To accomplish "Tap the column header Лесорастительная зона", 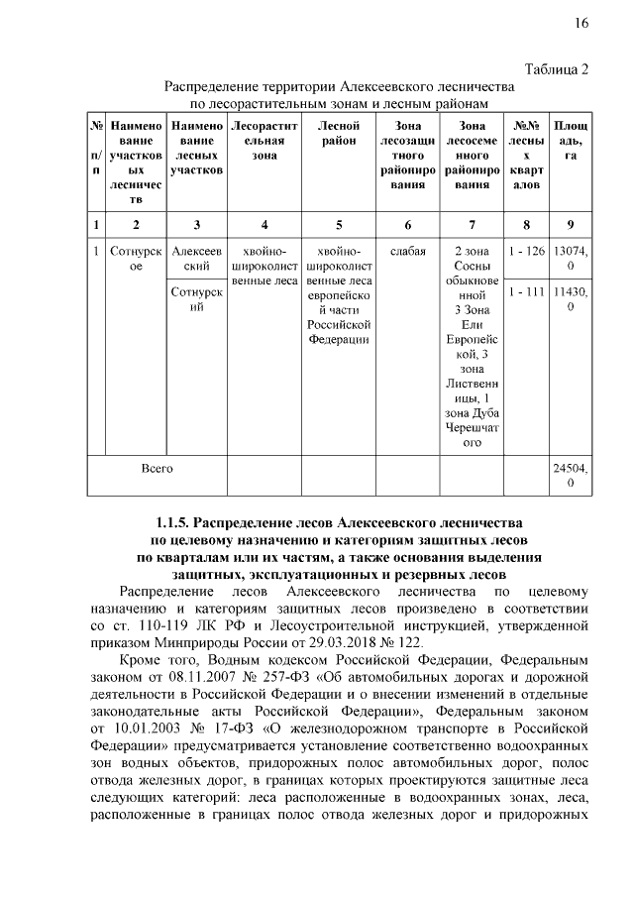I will tap(264, 142).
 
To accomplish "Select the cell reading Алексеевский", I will tap(197, 259).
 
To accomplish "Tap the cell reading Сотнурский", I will tap(197, 300).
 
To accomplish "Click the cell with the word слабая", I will tap(408, 252).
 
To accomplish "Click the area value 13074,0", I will tap(571, 259).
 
